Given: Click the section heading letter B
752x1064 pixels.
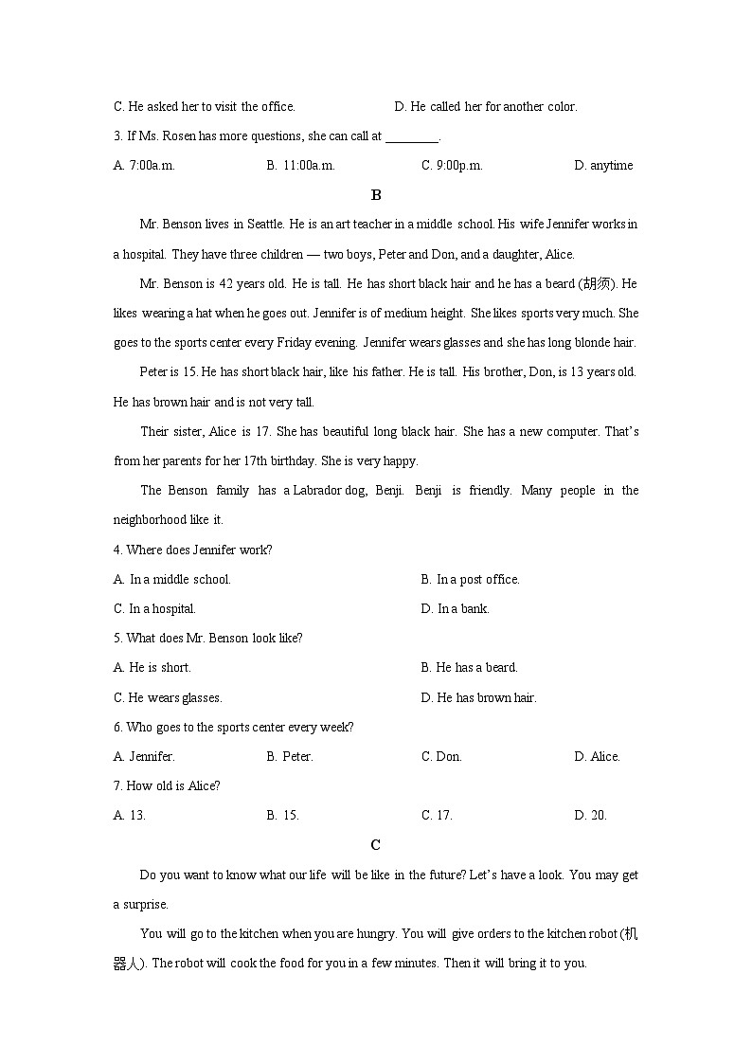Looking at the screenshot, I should (x=376, y=195).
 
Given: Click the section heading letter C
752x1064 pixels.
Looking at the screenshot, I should (x=376, y=844).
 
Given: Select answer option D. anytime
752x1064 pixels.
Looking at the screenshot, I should (x=603, y=165).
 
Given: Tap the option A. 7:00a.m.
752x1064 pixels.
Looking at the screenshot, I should (x=144, y=165).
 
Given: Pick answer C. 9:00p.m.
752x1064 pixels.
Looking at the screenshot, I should (x=452, y=165).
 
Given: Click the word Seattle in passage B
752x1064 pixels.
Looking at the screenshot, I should (x=264, y=225).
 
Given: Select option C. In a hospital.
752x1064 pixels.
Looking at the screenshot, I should (x=154, y=608).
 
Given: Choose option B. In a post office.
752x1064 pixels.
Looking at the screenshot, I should (x=470, y=579).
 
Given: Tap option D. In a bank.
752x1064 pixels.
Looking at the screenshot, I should (x=455, y=608).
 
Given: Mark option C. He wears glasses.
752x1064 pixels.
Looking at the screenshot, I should (x=168, y=697).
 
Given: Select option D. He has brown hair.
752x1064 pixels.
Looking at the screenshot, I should (x=478, y=697).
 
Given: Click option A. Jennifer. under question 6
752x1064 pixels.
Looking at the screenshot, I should (x=144, y=756).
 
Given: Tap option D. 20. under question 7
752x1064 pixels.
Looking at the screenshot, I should (x=590, y=815).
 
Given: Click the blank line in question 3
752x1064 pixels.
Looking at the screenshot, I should (x=412, y=136).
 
